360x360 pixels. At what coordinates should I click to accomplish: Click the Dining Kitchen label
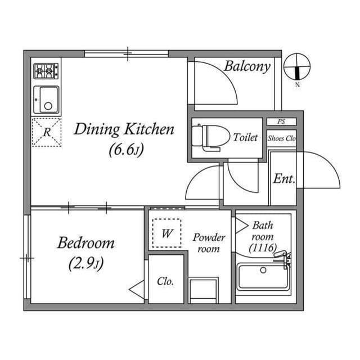(x=124, y=130)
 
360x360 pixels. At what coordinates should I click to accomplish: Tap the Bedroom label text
(x=86, y=244)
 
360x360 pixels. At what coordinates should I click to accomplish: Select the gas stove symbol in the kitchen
(x=46, y=71)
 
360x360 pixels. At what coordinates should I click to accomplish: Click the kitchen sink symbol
(x=46, y=100)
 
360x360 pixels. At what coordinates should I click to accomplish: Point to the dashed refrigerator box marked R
(x=46, y=133)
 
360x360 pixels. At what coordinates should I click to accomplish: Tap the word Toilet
(x=245, y=137)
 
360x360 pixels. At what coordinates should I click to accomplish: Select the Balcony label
(x=247, y=66)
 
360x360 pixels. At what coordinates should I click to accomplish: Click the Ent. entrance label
(x=284, y=179)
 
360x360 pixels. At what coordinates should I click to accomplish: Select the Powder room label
(x=209, y=242)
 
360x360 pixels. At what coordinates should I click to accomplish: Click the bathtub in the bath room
(x=263, y=276)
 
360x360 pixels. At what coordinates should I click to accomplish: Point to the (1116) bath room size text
(x=263, y=246)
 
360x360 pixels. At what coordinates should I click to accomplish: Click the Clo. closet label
(x=165, y=281)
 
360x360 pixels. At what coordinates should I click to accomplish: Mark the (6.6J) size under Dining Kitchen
(x=124, y=151)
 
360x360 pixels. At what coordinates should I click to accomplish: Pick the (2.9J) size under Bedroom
(x=86, y=263)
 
